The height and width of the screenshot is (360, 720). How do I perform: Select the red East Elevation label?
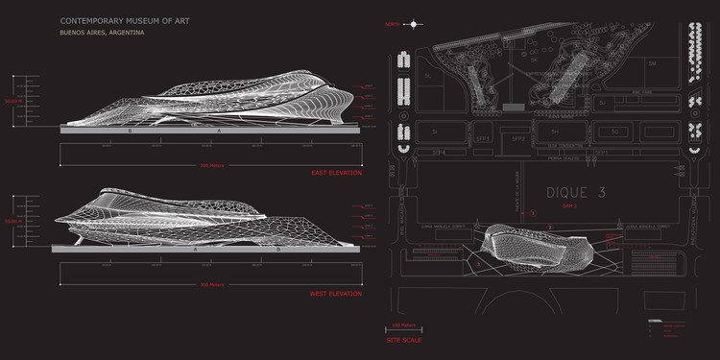[x=336, y=173]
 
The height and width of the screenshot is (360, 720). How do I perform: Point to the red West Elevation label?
[x=336, y=293]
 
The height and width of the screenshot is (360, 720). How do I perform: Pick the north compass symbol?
[x=413, y=23]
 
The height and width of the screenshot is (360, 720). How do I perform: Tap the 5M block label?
[x=652, y=64]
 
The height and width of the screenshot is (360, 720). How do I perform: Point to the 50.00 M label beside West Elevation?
[x=12, y=222]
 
